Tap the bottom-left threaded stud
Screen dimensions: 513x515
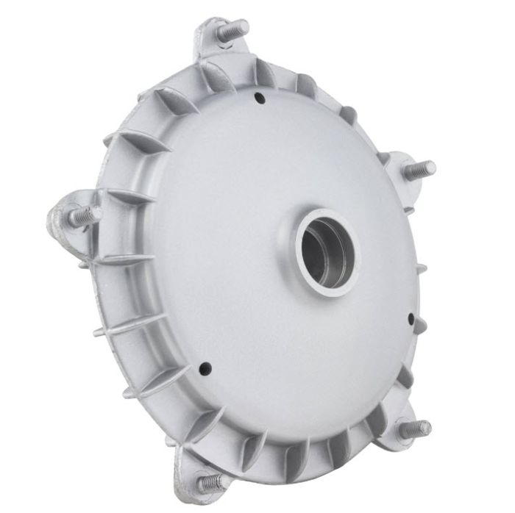(209, 481)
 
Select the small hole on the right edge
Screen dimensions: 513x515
(411, 318)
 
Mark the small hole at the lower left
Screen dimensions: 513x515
(205, 365)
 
